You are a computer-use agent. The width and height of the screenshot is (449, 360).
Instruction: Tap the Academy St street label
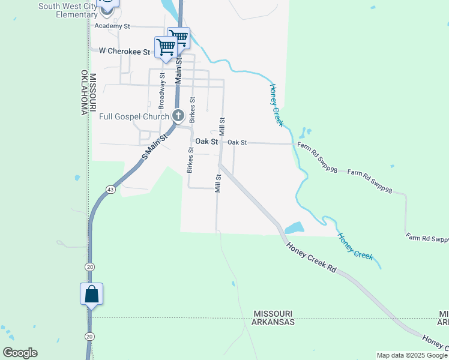[112, 26]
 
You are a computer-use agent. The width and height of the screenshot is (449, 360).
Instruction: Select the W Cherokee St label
[124, 52]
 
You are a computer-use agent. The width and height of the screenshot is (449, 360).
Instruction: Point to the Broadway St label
[162, 87]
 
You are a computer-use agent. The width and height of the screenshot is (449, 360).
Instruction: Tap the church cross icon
[178, 115]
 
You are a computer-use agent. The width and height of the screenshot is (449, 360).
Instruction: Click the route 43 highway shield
[110, 190]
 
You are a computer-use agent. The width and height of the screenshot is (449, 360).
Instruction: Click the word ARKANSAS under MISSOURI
[274, 322]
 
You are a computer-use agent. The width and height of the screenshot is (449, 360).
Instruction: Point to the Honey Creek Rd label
[312, 257]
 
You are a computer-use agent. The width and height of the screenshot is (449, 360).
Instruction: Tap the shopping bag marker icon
[91, 294]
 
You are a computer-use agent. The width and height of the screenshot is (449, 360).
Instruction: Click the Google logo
[20, 353]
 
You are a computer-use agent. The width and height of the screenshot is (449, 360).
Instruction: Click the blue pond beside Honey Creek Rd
[294, 228]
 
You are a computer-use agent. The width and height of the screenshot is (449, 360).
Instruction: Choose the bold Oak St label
[206, 142]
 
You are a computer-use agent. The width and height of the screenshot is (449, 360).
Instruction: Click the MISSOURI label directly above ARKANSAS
[273, 314]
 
